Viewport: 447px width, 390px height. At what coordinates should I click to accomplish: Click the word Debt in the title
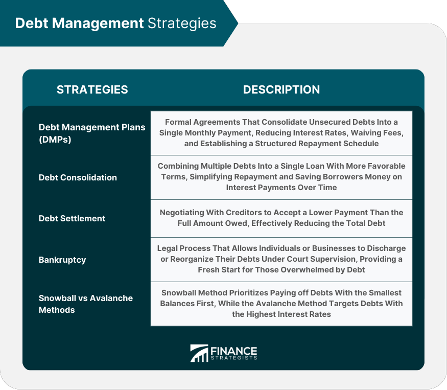[x=29, y=24]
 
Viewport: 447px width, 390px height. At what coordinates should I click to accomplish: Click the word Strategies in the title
[x=182, y=24]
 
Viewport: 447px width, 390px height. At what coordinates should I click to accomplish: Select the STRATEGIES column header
[x=92, y=89]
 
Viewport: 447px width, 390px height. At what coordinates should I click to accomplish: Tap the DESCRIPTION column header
[x=281, y=89]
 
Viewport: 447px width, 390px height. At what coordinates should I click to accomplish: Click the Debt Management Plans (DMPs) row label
[x=92, y=132]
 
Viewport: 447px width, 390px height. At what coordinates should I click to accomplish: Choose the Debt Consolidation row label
[x=78, y=177]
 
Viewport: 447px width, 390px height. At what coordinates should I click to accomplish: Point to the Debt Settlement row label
[x=72, y=218]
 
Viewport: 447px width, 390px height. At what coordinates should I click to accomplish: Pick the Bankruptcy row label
[x=62, y=260]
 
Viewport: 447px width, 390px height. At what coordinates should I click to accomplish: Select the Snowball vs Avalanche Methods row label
[x=86, y=304]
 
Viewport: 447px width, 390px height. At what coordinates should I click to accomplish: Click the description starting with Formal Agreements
[x=281, y=133]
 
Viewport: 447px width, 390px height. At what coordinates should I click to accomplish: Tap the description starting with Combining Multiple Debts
[x=281, y=177]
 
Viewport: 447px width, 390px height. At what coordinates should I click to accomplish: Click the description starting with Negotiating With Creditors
[x=281, y=218]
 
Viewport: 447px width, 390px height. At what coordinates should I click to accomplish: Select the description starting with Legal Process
[x=281, y=259]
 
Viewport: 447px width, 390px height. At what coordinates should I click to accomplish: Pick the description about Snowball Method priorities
[x=281, y=304]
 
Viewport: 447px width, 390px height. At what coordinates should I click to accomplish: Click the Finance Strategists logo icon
[x=199, y=353]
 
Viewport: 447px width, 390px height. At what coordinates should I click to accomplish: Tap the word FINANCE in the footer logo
[x=233, y=351]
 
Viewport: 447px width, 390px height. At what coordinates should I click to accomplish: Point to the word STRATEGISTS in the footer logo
[x=233, y=358]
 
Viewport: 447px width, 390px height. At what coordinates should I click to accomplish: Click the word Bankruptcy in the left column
[x=62, y=260]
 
